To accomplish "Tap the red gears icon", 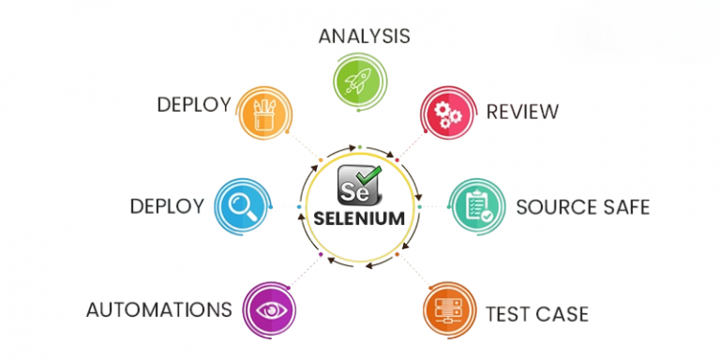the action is tap(443, 113).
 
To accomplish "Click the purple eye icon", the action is tap(269, 309).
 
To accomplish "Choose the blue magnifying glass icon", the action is tap(238, 206).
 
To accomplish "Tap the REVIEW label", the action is tap(521, 112).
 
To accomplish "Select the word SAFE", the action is tap(626, 206).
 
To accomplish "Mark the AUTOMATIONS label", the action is tap(158, 309).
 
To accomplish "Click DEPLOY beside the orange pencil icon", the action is tap(193, 104).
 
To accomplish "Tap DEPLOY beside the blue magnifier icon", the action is tap(167, 205).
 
